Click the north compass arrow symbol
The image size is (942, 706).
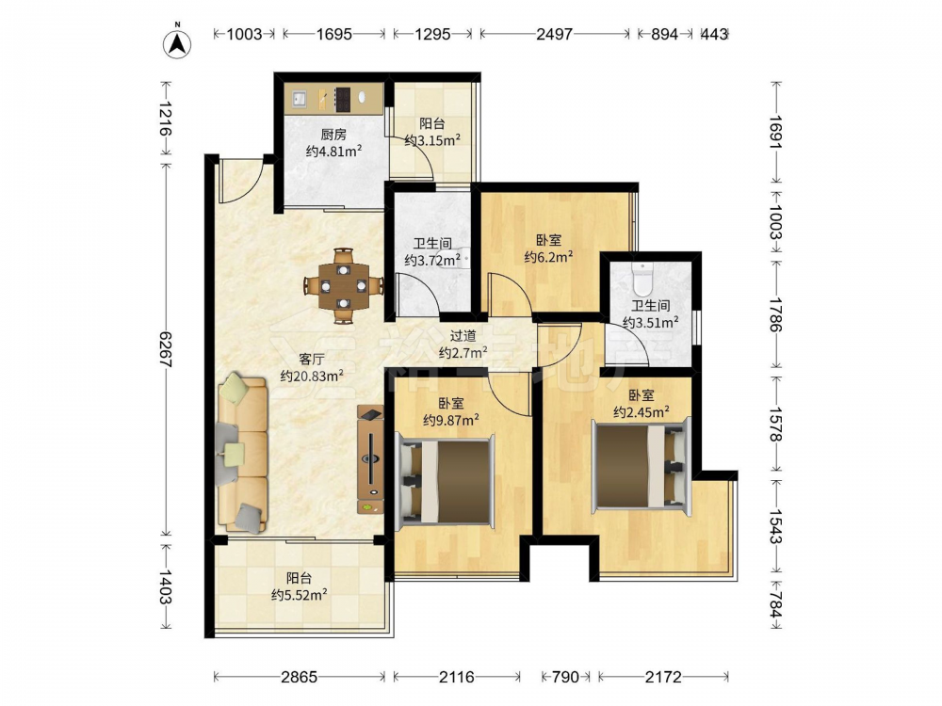(x=177, y=43)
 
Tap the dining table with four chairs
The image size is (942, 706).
(x=344, y=286)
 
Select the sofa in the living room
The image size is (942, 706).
(x=243, y=454)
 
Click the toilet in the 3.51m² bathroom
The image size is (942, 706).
(x=642, y=277)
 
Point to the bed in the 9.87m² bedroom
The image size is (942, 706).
(x=447, y=481)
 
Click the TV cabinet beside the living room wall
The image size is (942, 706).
(x=370, y=459)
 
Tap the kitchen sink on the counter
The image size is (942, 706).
(x=300, y=99)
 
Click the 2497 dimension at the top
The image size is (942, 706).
(x=554, y=34)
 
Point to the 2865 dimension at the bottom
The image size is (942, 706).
(x=300, y=677)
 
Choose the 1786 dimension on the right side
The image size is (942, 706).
(x=775, y=314)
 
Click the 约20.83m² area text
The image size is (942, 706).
(x=312, y=377)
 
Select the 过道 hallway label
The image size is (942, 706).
(x=463, y=336)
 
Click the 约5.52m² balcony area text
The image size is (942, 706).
(x=300, y=595)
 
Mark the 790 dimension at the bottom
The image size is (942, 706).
(x=564, y=677)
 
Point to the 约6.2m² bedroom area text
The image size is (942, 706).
(x=548, y=258)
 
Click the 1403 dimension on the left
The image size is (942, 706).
(x=166, y=587)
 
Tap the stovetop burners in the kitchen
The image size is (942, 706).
(x=343, y=99)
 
